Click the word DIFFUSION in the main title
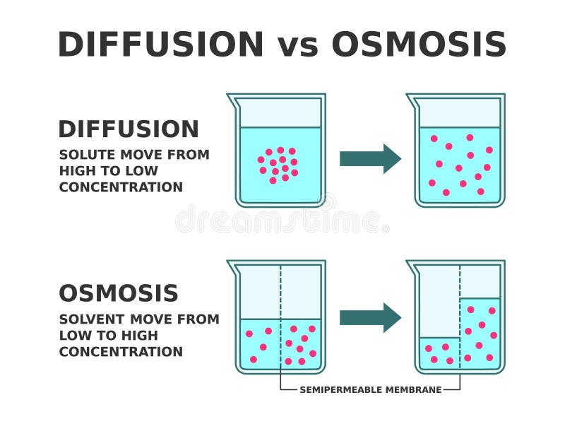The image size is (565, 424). click(x=160, y=45)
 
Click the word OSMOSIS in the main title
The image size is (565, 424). click(x=419, y=45)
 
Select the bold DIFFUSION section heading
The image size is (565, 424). click(x=129, y=129)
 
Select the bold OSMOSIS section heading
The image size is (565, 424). click(x=119, y=293)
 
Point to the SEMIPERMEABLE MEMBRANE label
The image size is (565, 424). click(x=371, y=389)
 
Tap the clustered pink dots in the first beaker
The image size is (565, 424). click(x=279, y=165)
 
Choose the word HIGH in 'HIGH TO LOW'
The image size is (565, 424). click(x=77, y=171)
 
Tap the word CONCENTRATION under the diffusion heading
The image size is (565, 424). click(x=121, y=187)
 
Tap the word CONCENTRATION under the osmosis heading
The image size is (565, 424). click(x=121, y=352)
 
